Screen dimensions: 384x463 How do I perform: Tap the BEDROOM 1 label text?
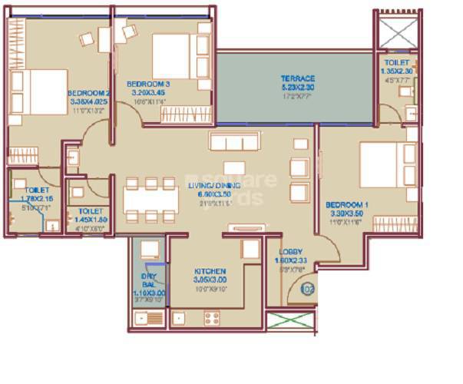click(x=346, y=205)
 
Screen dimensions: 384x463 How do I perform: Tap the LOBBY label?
click(x=290, y=252)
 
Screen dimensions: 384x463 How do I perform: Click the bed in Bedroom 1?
click(x=384, y=164)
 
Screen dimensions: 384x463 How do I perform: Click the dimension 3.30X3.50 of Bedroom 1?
click(x=346, y=214)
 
